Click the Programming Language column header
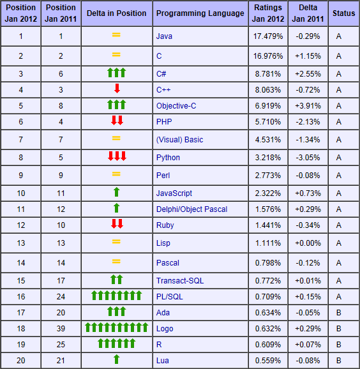200,13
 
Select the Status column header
343,13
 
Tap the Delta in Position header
116,13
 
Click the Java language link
164,36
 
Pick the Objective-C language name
176,106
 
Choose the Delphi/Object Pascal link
191,209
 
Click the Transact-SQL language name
180,281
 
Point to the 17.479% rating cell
268,36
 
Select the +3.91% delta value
308,106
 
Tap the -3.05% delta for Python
308,158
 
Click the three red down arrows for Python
117,156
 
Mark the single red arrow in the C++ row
117,89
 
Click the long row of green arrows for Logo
116,328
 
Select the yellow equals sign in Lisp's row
116,242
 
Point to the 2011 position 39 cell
61,329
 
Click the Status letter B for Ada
338,313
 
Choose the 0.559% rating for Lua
268,361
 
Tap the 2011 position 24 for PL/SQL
61,296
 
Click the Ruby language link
165,225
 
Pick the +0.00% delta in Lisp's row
308,243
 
